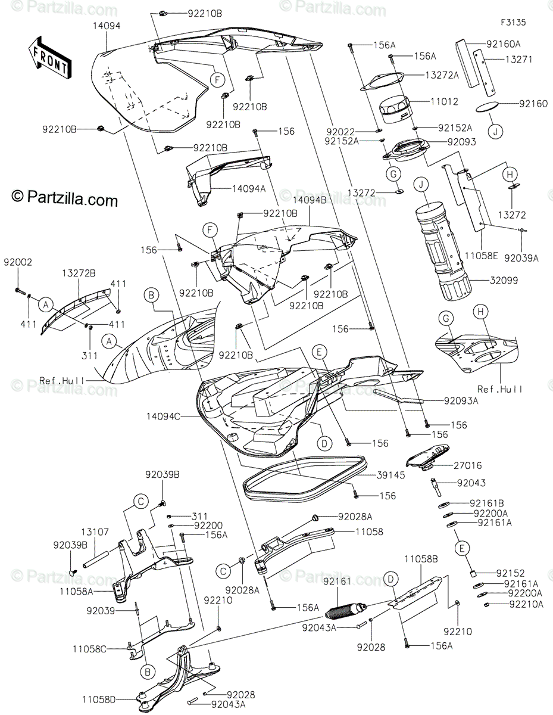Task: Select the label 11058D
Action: [x=100, y=698]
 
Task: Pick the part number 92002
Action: [x=18, y=262]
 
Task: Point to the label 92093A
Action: [x=460, y=401]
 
